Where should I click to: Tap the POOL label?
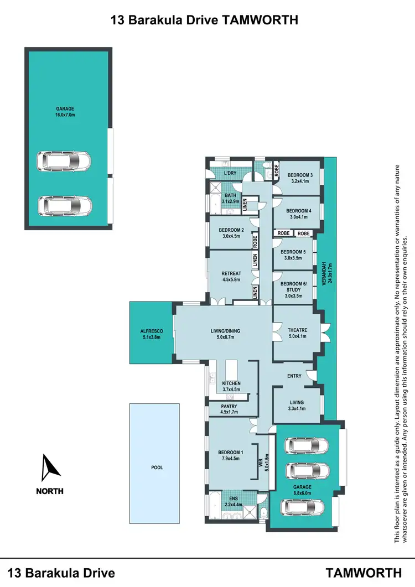(x=157, y=467)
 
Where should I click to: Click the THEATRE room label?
(x=297, y=330)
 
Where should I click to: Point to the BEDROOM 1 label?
(x=231, y=454)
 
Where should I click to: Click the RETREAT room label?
(x=231, y=273)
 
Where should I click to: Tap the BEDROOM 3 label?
(x=300, y=176)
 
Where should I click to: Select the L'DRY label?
(x=230, y=174)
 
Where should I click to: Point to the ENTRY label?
(x=294, y=376)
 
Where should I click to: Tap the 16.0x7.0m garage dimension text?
(x=65, y=115)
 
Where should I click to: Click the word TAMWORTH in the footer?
(x=364, y=572)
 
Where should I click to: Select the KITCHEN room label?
(x=231, y=383)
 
